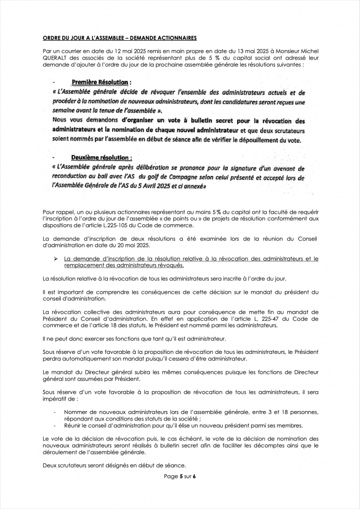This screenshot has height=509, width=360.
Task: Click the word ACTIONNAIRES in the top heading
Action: click(x=175, y=38)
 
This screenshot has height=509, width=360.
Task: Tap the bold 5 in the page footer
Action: click(x=182, y=476)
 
